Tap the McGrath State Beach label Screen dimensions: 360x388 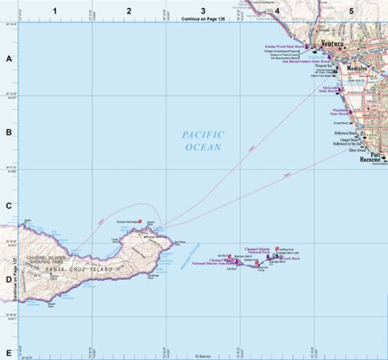[x=332, y=89]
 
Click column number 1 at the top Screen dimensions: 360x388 [x=54, y=10]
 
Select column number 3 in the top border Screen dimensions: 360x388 [x=203, y=10]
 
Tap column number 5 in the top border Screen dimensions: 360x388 [x=351, y=10]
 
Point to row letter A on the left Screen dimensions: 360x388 [x=9, y=59]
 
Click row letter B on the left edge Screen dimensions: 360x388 [x=9, y=133]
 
